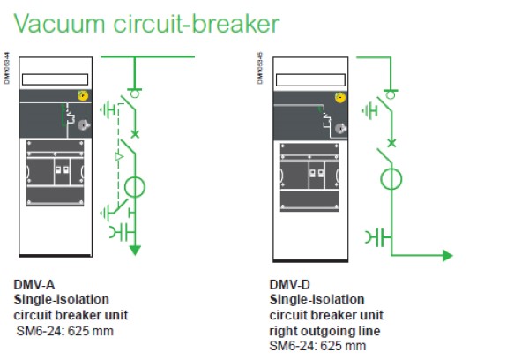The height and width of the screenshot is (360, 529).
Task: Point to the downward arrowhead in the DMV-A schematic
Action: click(x=135, y=250)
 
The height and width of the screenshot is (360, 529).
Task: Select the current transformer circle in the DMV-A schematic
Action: click(x=135, y=189)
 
